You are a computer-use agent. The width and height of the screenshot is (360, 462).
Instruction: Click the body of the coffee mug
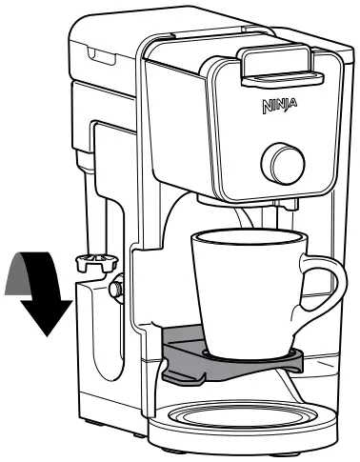coord(246,295)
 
